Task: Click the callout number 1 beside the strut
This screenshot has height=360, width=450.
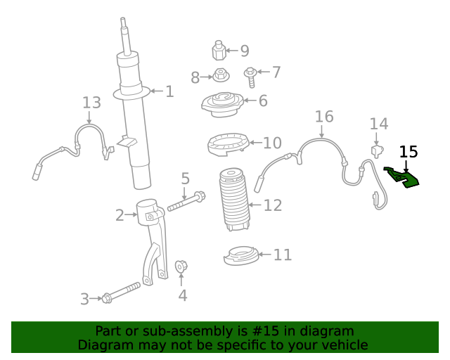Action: [x=169, y=91]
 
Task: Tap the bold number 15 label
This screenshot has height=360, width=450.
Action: [x=409, y=151]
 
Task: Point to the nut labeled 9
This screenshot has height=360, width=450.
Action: [x=219, y=51]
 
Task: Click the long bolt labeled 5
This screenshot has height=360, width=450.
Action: [x=186, y=202]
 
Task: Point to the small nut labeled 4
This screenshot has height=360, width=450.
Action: [x=181, y=266]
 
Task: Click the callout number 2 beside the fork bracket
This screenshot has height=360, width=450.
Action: [x=120, y=214]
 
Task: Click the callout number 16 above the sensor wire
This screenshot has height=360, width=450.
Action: [x=324, y=116]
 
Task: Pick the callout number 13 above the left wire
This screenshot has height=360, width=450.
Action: [x=91, y=103]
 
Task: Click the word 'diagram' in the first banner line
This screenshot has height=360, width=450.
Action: [x=324, y=331]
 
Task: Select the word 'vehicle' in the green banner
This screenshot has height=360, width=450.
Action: [x=342, y=345]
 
